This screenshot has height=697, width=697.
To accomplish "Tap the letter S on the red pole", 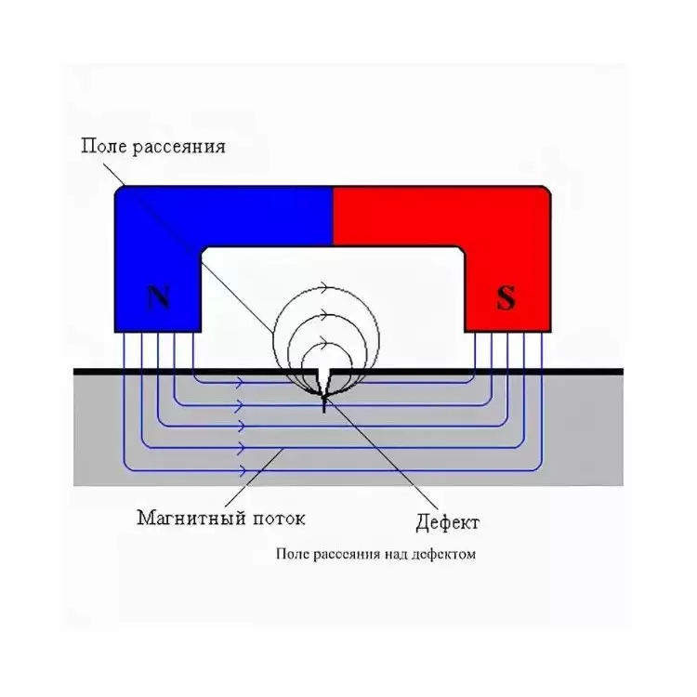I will (x=506, y=298).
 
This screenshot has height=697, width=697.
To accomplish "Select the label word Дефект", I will (x=446, y=522).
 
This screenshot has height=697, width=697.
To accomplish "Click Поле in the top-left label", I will (x=102, y=147).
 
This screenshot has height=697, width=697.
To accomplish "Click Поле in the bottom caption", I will (x=292, y=555).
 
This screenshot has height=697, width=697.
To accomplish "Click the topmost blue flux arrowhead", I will (x=240, y=381).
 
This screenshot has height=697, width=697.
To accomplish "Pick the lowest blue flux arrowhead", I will (x=240, y=470).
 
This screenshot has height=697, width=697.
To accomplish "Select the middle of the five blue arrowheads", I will (x=240, y=426).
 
